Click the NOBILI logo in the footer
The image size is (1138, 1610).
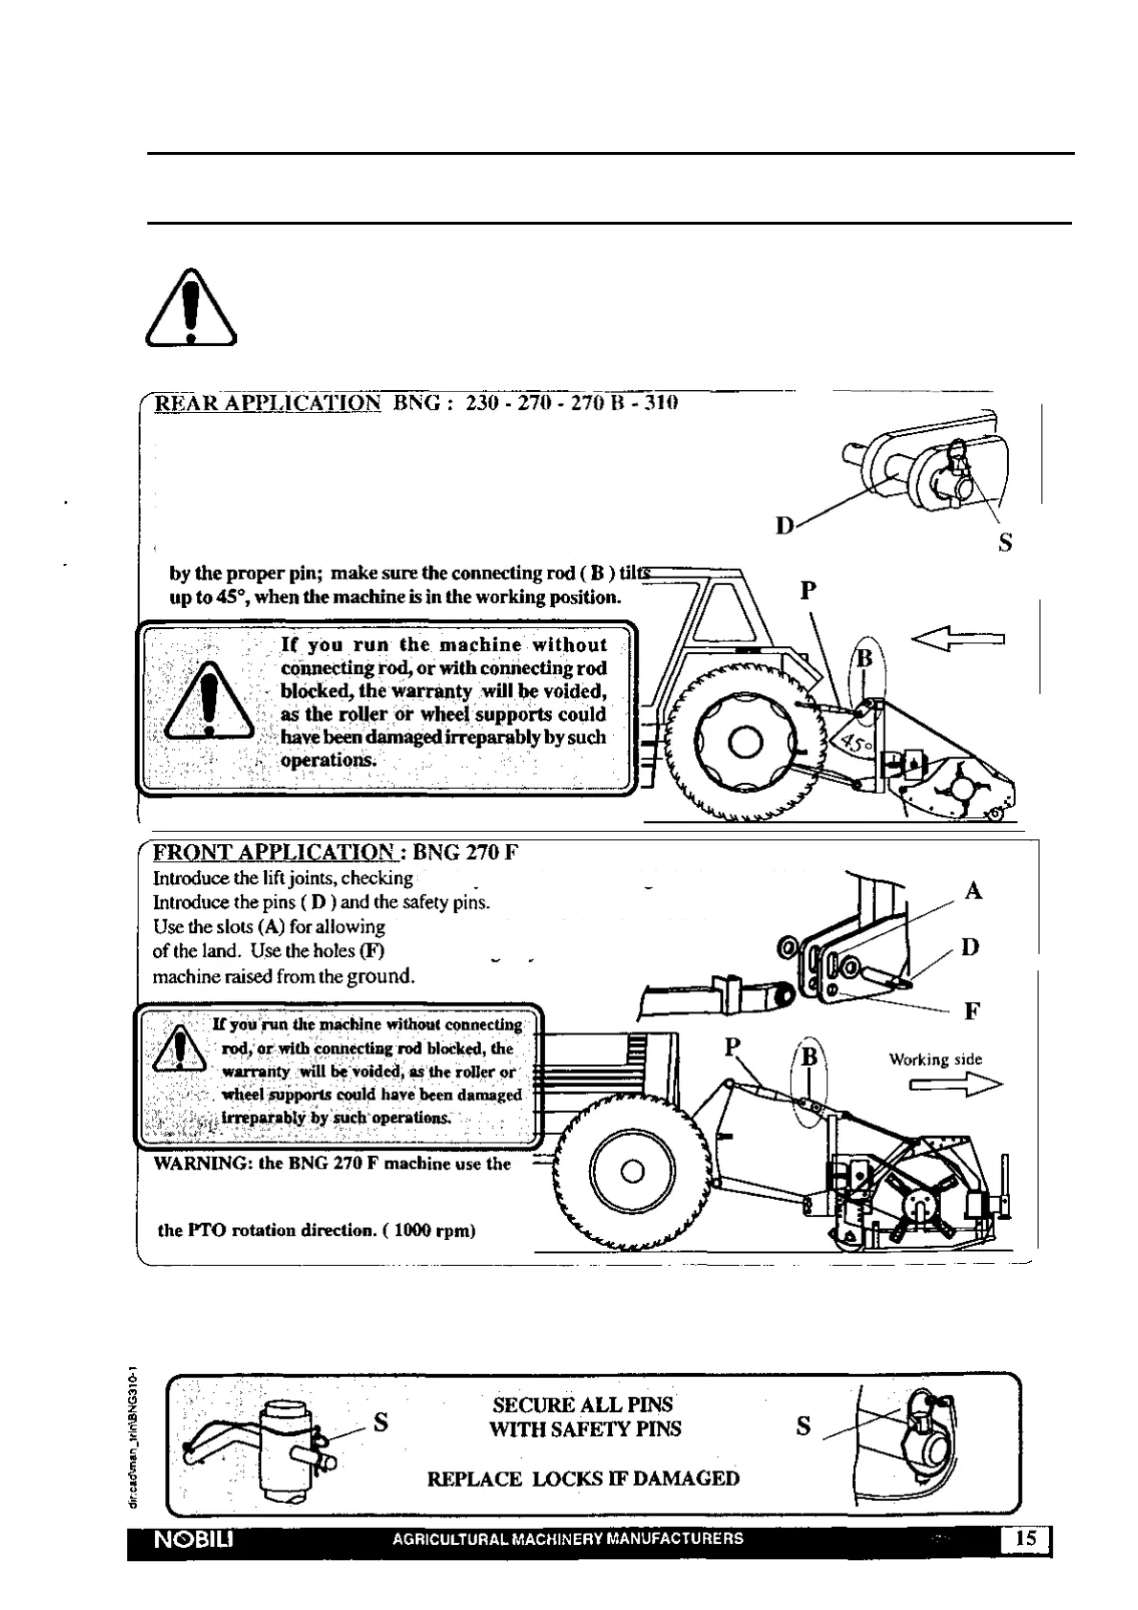189,1539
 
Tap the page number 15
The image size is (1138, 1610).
1025,1538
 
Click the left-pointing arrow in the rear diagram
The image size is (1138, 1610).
960,636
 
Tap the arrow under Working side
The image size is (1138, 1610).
954,1084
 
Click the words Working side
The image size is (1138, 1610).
934,1059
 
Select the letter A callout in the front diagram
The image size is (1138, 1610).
974,891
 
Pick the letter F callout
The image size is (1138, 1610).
972,1011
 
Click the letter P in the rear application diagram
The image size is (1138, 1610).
808,590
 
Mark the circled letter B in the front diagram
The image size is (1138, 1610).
809,1057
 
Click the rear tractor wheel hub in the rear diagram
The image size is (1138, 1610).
745,742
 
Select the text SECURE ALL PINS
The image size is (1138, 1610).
582,1404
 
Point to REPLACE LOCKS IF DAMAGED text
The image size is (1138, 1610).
582,1479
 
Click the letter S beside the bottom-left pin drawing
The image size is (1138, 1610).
381,1422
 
